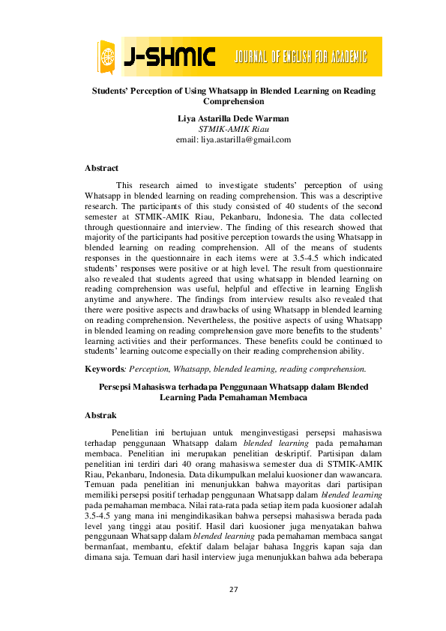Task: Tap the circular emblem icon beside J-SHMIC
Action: coord(109,57)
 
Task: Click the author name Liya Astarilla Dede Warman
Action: coord(232,118)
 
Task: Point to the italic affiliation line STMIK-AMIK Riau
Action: coord(232,129)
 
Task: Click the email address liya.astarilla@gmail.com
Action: coord(232,139)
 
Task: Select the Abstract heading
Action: coord(101,169)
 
